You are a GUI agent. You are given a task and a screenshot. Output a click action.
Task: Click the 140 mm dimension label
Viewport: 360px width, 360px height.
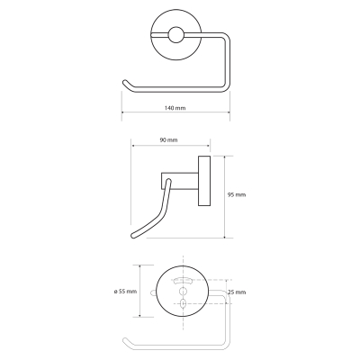(175, 108)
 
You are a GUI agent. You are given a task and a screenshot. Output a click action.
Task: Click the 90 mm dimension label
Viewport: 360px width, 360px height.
(168, 140)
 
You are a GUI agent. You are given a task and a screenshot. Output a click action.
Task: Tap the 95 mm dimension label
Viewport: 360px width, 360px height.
(237, 195)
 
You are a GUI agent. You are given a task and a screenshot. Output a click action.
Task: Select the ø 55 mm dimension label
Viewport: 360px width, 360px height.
(125, 292)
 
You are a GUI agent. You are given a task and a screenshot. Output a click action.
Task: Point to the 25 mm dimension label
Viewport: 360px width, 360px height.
(237, 292)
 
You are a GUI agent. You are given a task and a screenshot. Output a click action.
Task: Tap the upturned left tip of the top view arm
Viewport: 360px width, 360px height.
(125, 82)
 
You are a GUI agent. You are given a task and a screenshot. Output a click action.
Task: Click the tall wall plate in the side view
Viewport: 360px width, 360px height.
(204, 181)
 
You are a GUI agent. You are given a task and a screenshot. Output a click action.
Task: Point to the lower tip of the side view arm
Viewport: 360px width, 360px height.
(134, 235)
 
